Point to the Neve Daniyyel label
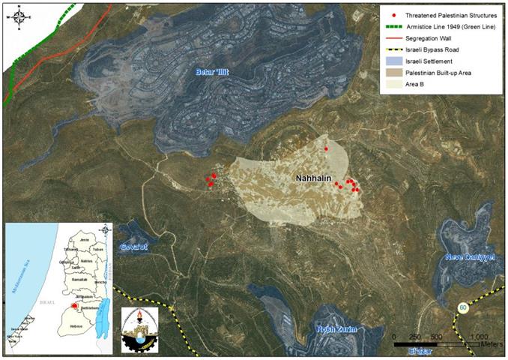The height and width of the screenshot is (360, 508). [471, 256]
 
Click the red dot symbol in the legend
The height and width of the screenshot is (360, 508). [384, 15]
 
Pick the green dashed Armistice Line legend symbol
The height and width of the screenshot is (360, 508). [384, 27]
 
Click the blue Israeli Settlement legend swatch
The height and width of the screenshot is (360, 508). [384, 62]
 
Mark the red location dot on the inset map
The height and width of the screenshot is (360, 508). [73, 307]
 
